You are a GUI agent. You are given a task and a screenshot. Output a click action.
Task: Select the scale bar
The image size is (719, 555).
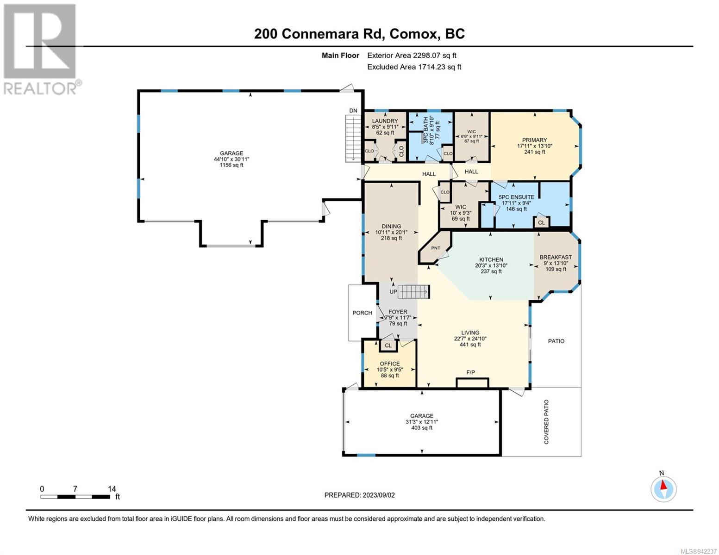click(75, 497)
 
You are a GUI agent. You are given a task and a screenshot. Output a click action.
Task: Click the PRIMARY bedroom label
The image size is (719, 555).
click(534, 140)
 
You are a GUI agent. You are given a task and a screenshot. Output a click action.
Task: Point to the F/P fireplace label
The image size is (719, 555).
click(470, 372)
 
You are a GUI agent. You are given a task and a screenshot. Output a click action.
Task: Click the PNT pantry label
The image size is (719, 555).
click(436, 248)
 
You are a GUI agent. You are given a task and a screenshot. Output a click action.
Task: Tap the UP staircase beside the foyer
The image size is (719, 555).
click(413, 292)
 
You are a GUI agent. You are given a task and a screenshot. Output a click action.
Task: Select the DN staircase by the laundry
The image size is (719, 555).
click(353, 138)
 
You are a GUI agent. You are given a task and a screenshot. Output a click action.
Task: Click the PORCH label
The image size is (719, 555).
click(362, 313)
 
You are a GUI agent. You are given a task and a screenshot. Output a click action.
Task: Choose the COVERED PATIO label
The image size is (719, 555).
click(546, 422)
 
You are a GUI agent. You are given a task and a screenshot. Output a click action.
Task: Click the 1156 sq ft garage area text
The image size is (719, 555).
click(231, 165)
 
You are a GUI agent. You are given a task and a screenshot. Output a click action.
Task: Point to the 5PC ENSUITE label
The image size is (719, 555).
click(516, 197)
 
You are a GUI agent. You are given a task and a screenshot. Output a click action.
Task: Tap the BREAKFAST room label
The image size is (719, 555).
click(556, 257)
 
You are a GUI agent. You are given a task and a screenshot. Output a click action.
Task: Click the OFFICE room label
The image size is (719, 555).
click(389, 364)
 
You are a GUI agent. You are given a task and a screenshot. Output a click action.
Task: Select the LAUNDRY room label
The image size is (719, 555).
click(385, 121)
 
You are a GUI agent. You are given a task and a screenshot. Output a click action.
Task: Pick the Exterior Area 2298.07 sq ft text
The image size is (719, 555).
click(412, 55)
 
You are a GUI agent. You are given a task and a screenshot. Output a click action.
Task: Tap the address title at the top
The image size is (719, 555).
click(359, 34)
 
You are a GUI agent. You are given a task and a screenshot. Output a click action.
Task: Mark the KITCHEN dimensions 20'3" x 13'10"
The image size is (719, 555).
click(491, 265)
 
